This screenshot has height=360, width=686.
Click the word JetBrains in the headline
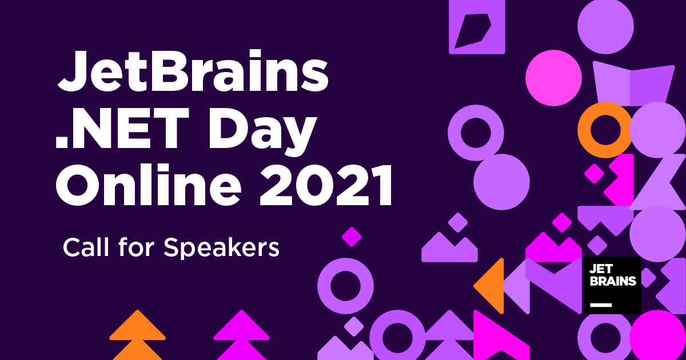pos(193,71)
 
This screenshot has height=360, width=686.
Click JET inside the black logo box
pos(601,269)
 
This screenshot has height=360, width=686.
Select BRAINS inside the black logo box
pos(612,281)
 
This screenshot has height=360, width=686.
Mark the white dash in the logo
pos(601,305)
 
